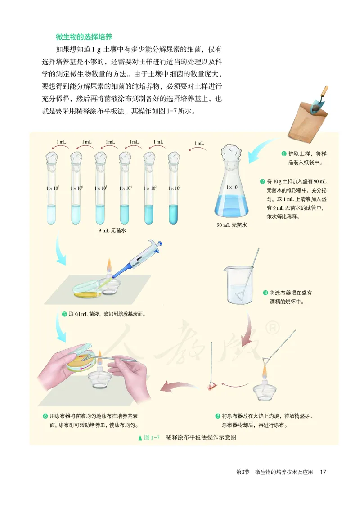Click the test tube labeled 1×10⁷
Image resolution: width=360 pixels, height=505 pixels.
51,189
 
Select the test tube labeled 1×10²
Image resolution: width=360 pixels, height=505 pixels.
174,189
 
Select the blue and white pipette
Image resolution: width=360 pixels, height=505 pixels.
142,258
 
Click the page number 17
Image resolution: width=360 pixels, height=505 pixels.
323,472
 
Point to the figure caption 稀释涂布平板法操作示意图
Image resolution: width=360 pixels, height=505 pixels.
201,437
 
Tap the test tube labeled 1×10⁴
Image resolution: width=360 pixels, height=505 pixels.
125,189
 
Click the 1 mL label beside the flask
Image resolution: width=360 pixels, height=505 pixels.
199,144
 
